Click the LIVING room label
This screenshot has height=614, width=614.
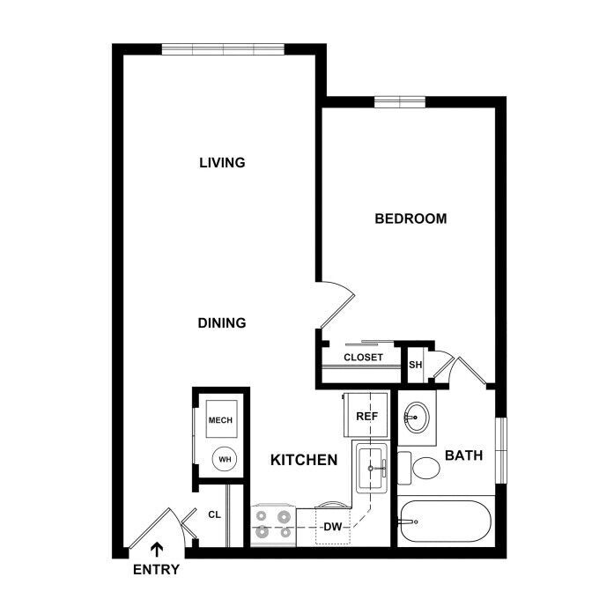coord(222,162)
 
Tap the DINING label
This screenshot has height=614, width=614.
coord(222,323)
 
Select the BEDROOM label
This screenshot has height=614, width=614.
coord(411,218)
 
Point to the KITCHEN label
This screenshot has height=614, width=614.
coord(304,460)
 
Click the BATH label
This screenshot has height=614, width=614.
coord(464,455)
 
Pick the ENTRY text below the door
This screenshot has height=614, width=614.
coord(156,569)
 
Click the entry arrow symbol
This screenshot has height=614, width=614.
coord(157,549)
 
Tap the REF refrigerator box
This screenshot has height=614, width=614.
coord(366,415)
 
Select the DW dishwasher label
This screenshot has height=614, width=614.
coord(333,527)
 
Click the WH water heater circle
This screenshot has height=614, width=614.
coord(225,459)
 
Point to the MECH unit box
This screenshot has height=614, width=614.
coord(222,419)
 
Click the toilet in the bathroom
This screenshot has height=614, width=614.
coord(418,468)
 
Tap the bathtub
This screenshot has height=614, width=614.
coord(446,522)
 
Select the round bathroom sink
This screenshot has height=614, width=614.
coord(417,418)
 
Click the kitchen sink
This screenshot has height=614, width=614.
coord(372,468)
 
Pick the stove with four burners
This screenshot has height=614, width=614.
coord(273,525)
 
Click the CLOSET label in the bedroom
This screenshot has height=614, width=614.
coord(364,358)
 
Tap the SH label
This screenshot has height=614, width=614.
coord(416,365)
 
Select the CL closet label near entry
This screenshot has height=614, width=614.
coord(215,514)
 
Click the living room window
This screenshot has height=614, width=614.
coord(223,49)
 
